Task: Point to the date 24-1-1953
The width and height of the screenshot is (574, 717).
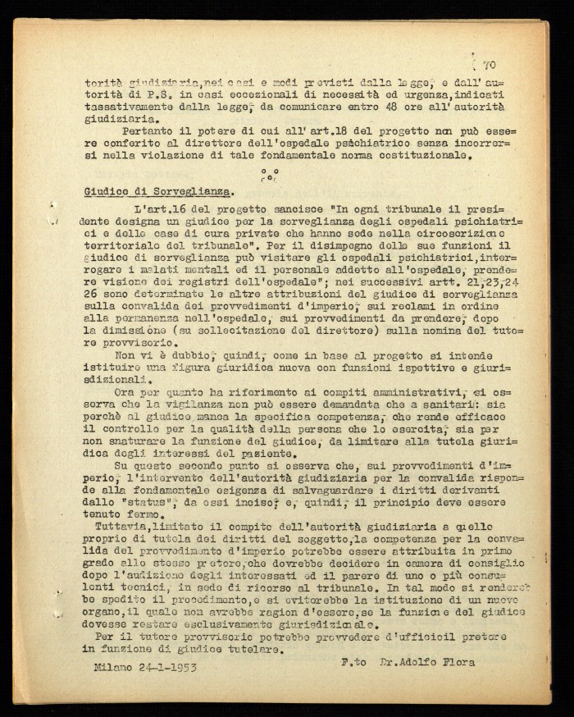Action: tap(169, 665)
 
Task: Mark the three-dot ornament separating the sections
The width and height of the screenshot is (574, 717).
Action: tap(268, 174)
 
